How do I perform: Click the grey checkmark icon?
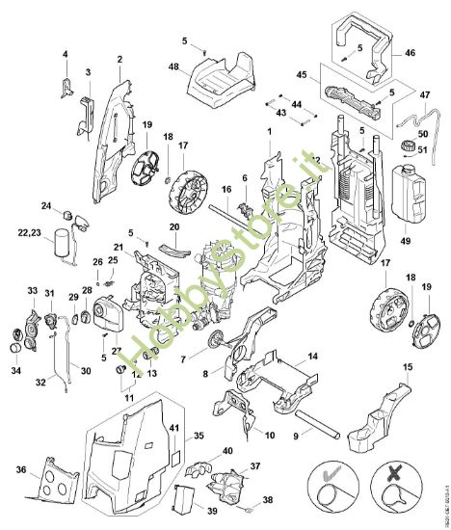point(332,477)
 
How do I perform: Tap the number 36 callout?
point(21,469)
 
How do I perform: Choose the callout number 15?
point(408,368)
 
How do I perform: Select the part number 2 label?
point(119,59)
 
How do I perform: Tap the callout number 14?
point(310,357)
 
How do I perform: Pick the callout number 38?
point(268,500)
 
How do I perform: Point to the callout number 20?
point(174,227)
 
